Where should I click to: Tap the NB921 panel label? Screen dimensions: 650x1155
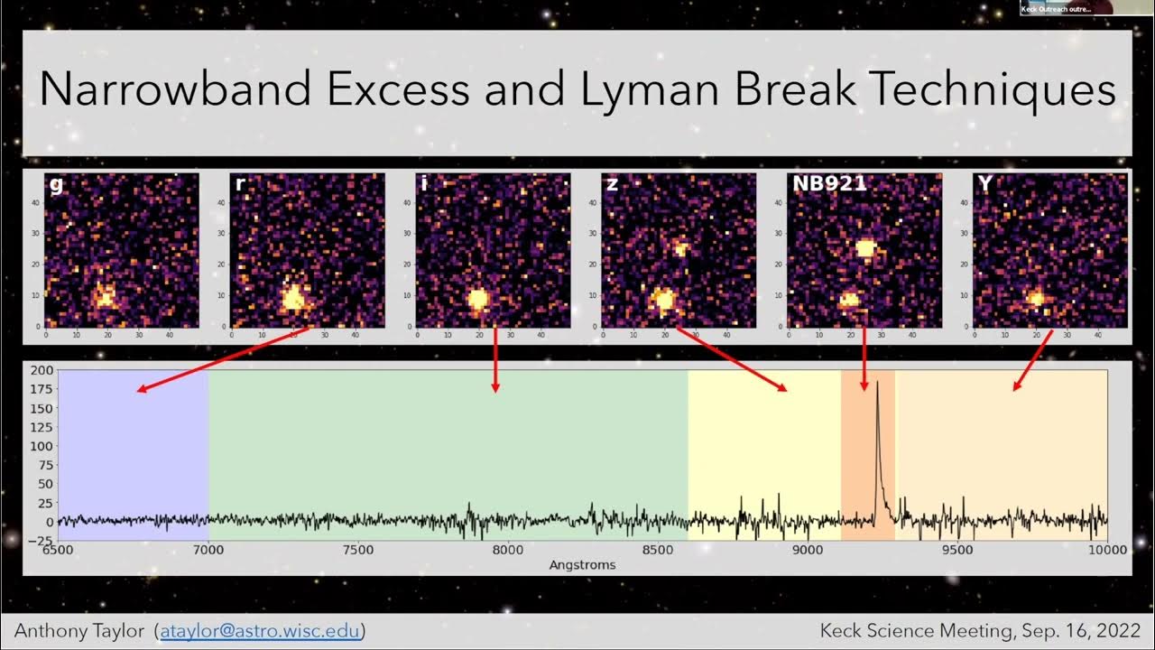point(828,184)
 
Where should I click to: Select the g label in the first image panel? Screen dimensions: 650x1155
point(56,185)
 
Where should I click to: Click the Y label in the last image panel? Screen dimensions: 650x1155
point(984,184)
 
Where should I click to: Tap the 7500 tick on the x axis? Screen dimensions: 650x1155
point(358,550)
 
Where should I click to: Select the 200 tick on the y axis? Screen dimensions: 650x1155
point(42,370)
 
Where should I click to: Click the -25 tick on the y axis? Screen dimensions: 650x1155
point(40,541)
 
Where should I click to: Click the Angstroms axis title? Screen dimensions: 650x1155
point(582,565)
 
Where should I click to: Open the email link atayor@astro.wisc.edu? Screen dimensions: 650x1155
point(263,631)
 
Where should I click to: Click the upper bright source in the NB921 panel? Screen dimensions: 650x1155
point(865,247)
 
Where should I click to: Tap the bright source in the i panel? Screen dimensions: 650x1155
point(478,298)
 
